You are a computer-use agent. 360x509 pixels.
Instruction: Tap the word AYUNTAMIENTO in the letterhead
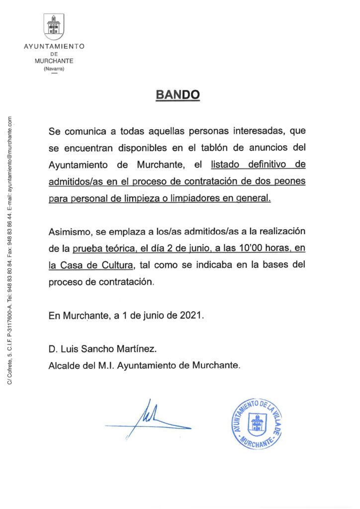(54, 46)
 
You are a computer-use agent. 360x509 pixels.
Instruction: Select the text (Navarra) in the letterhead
(54, 68)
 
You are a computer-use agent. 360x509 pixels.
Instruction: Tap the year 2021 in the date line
(191, 316)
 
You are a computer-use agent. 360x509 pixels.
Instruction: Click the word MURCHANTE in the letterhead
(54, 61)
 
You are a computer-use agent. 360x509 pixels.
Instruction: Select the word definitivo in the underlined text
(264, 165)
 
